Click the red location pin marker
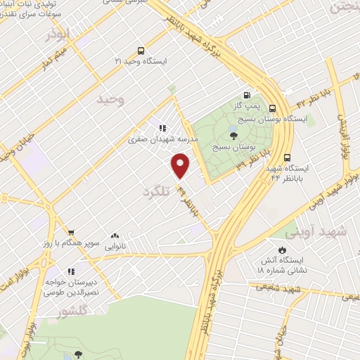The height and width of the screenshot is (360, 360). [181, 166]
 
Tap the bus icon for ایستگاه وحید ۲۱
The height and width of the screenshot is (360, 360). [141, 51]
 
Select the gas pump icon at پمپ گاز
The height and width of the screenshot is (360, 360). [246, 96]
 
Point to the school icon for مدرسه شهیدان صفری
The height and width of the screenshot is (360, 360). [162, 128]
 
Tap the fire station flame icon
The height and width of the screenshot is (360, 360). [283, 250]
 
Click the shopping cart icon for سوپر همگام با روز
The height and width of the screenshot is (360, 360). [70, 232]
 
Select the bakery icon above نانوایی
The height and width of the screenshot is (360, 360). [115, 236]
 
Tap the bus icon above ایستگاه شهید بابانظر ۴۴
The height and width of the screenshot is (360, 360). [287, 157]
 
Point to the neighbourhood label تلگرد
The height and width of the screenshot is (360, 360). [156, 191]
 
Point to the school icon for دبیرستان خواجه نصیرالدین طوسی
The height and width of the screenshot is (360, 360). [70, 271]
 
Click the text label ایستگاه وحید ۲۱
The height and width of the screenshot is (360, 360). [143, 62]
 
